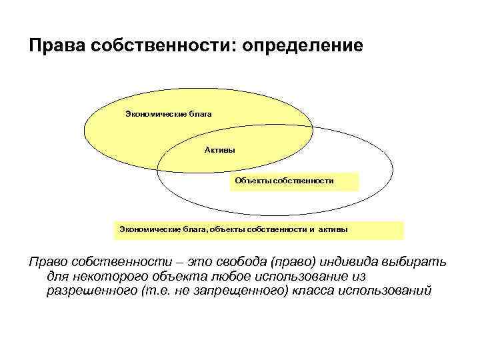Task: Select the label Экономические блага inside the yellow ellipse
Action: (168, 114)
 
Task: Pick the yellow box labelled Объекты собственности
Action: (293, 181)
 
